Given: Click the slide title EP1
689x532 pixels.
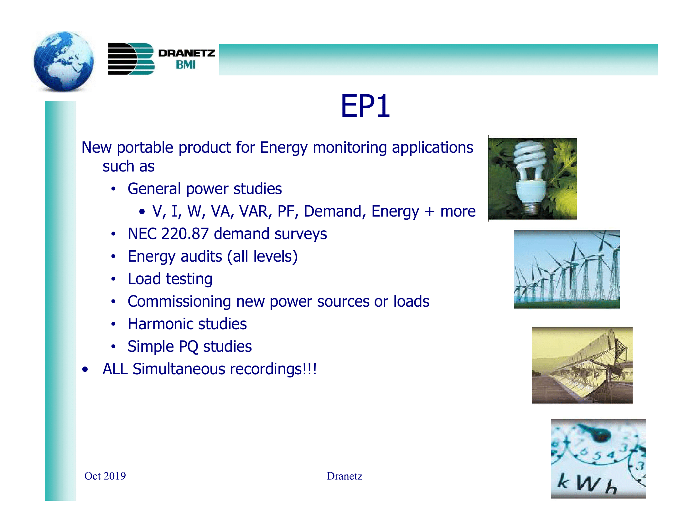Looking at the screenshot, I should coord(365,106).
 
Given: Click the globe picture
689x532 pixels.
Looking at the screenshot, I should coord(64,61).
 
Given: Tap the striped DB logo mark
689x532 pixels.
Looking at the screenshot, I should coord(131,59).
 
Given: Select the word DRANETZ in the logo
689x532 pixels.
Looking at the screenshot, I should coord(186,53).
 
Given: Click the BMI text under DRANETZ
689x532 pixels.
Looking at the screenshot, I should coord(186,65).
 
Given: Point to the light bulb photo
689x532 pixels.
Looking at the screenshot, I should coord(532,178).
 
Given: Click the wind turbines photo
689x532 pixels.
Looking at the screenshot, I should coord(566,269).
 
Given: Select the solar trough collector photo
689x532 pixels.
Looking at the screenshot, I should coord(582,365).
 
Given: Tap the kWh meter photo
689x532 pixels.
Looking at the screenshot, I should coord(598,458).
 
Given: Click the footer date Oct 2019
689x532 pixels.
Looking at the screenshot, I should coord(105,476).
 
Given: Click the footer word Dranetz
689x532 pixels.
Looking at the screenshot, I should coord(344,476).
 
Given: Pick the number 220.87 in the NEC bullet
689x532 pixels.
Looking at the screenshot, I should coord(185,234).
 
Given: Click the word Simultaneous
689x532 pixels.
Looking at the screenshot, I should coord(179,369).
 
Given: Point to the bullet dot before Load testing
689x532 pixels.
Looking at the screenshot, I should coord(113,279).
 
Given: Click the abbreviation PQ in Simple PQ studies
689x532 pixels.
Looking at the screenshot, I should coord(188,347).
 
